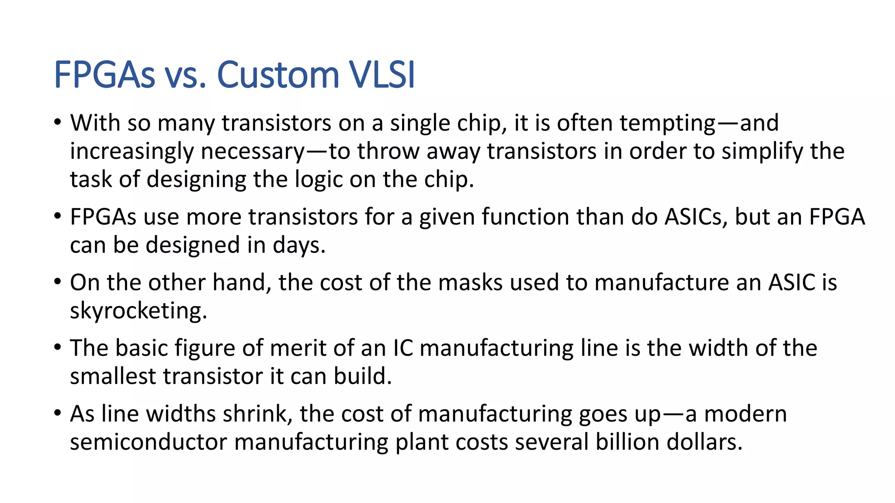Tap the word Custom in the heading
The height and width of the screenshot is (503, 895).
click(278, 75)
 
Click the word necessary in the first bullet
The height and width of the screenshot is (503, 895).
click(253, 152)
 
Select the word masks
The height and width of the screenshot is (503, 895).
click(470, 283)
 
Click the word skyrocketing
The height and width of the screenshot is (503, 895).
click(138, 311)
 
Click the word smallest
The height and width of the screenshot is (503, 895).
click(114, 376)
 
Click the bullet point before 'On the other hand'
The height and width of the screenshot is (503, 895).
click(58, 282)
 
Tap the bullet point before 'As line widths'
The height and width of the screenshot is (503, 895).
click(58, 413)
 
